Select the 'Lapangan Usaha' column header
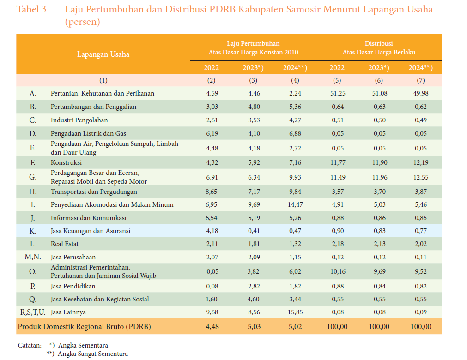click(x=103, y=54)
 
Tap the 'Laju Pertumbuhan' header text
click(x=253, y=43)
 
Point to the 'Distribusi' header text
click(x=379, y=43)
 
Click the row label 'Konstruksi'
click(x=66, y=162)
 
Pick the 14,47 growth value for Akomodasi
click(x=295, y=204)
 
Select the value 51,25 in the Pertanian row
click(x=337, y=93)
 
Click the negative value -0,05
click(x=211, y=271)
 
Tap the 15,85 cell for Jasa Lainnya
click(x=295, y=312)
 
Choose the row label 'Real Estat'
click(x=65, y=244)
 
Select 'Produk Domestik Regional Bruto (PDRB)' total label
click(x=84, y=327)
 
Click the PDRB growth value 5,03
click(x=254, y=327)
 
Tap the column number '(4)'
click(x=295, y=80)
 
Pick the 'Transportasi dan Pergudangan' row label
click(x=94, y=192)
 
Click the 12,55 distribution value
click(x=420, y=177)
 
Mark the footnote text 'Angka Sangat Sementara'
click(x=93, y=354)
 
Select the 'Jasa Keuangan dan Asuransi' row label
click(x=91, y=231)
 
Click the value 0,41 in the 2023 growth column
click(x=254, y=231)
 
